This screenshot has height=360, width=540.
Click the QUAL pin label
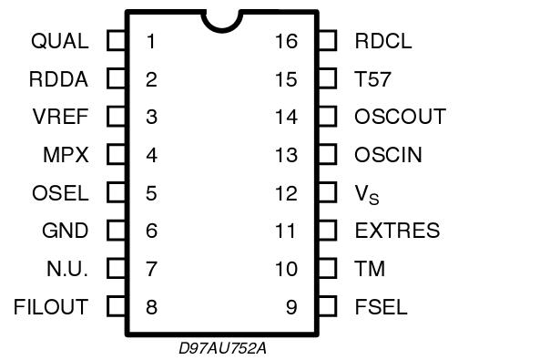click(59, 41)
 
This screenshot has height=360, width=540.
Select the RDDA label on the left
click(59, 79)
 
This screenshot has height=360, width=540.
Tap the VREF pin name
click(60, 117)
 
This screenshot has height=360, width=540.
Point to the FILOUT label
click(51, 306)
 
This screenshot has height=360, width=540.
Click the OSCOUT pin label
click(400, 117)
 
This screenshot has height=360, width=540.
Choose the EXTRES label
click(397, 231)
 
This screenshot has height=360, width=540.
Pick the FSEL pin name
click(381, 306)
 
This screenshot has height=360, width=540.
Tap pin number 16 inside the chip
click(286, 41)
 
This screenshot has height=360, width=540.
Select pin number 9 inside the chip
click(291, 306)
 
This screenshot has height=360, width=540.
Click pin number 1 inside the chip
click(150, 41)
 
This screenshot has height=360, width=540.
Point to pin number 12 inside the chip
click(286, 193)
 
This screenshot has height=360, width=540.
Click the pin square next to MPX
click(116, 155)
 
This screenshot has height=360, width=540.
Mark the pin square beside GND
click(116, 231)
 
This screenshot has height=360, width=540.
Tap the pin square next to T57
click(328, 79)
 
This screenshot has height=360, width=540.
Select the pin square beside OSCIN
click(328, 155)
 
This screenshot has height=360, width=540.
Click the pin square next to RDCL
click(328, 41)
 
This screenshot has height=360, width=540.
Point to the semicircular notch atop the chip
click(221, 20)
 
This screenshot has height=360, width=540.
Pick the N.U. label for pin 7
click(67, 269)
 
